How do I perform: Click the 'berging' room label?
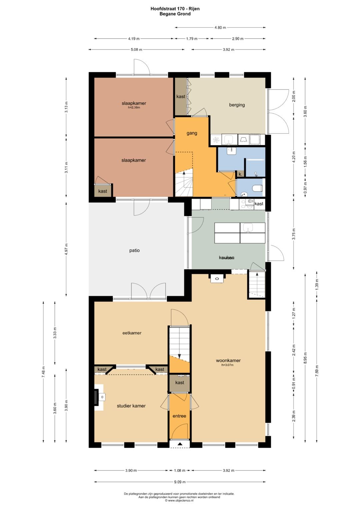click(237, 105)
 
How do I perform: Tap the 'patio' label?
click(134, 250)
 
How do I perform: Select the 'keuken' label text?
click(227, 257)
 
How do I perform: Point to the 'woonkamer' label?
click(228, 360)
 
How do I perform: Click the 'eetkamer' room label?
click(132, 333)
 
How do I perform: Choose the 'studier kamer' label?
click(131, 406)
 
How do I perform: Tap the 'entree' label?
click(179, 416)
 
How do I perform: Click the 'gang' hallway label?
click(192, 133)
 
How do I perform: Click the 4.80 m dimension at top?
click(220, 27)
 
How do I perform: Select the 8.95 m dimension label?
click(305, 358)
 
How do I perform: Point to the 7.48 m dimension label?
click(43, 372)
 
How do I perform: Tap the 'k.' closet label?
click(240, 175)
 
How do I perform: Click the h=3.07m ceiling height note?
click(227, 365)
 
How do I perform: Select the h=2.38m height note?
click(134, 107)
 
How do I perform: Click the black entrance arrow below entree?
click(180, 444)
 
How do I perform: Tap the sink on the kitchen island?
click(248, 228)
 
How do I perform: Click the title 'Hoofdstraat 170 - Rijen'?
click(175, 9)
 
